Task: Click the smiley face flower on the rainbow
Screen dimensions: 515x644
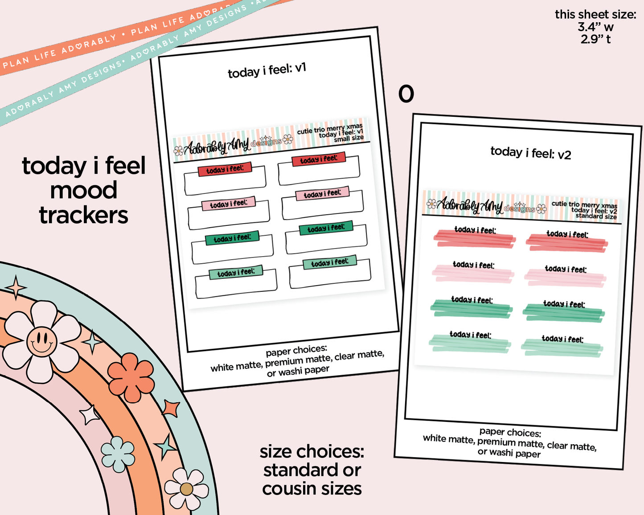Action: click(x=41, y=341)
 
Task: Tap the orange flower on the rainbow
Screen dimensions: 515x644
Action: click(x=131, y=377)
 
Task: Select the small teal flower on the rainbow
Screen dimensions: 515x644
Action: click(x=118, y=454)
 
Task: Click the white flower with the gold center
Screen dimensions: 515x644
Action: click(x=186, y=489)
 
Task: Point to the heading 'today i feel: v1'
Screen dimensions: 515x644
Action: click(x=267, y=70)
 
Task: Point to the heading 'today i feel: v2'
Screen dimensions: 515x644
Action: click(x=530, y=153)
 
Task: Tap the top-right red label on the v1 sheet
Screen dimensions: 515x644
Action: click(x=318, y=159)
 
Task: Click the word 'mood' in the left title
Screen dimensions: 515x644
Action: click(x=84, y=190)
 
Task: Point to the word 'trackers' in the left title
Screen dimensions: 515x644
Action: click(x=84, y=215)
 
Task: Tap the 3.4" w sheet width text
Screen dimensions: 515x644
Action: click(x=595, y=27)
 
